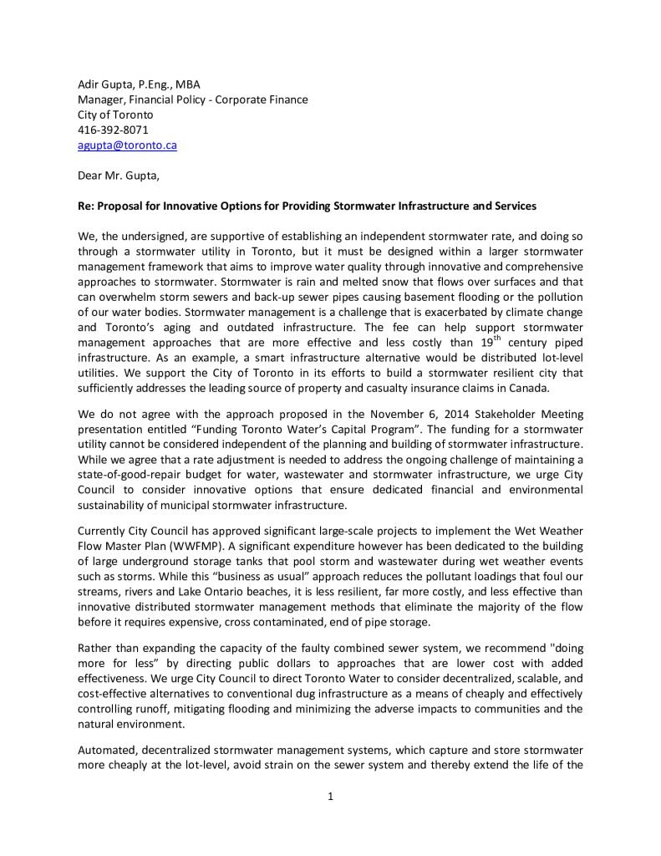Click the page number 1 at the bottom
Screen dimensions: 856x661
(331, 796)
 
